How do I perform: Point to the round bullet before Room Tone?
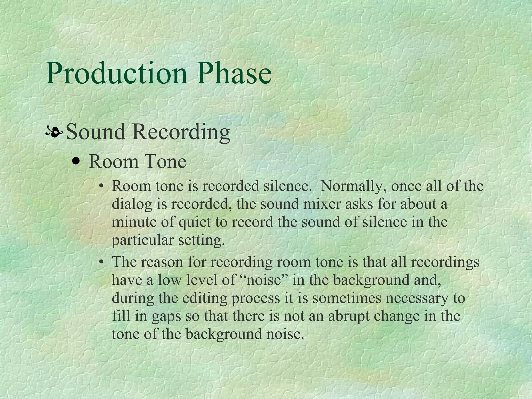click(76, 162)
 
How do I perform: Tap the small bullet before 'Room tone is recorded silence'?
click(101, 186)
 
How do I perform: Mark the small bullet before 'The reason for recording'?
click(101, 262)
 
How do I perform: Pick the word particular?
click(143, 241)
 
